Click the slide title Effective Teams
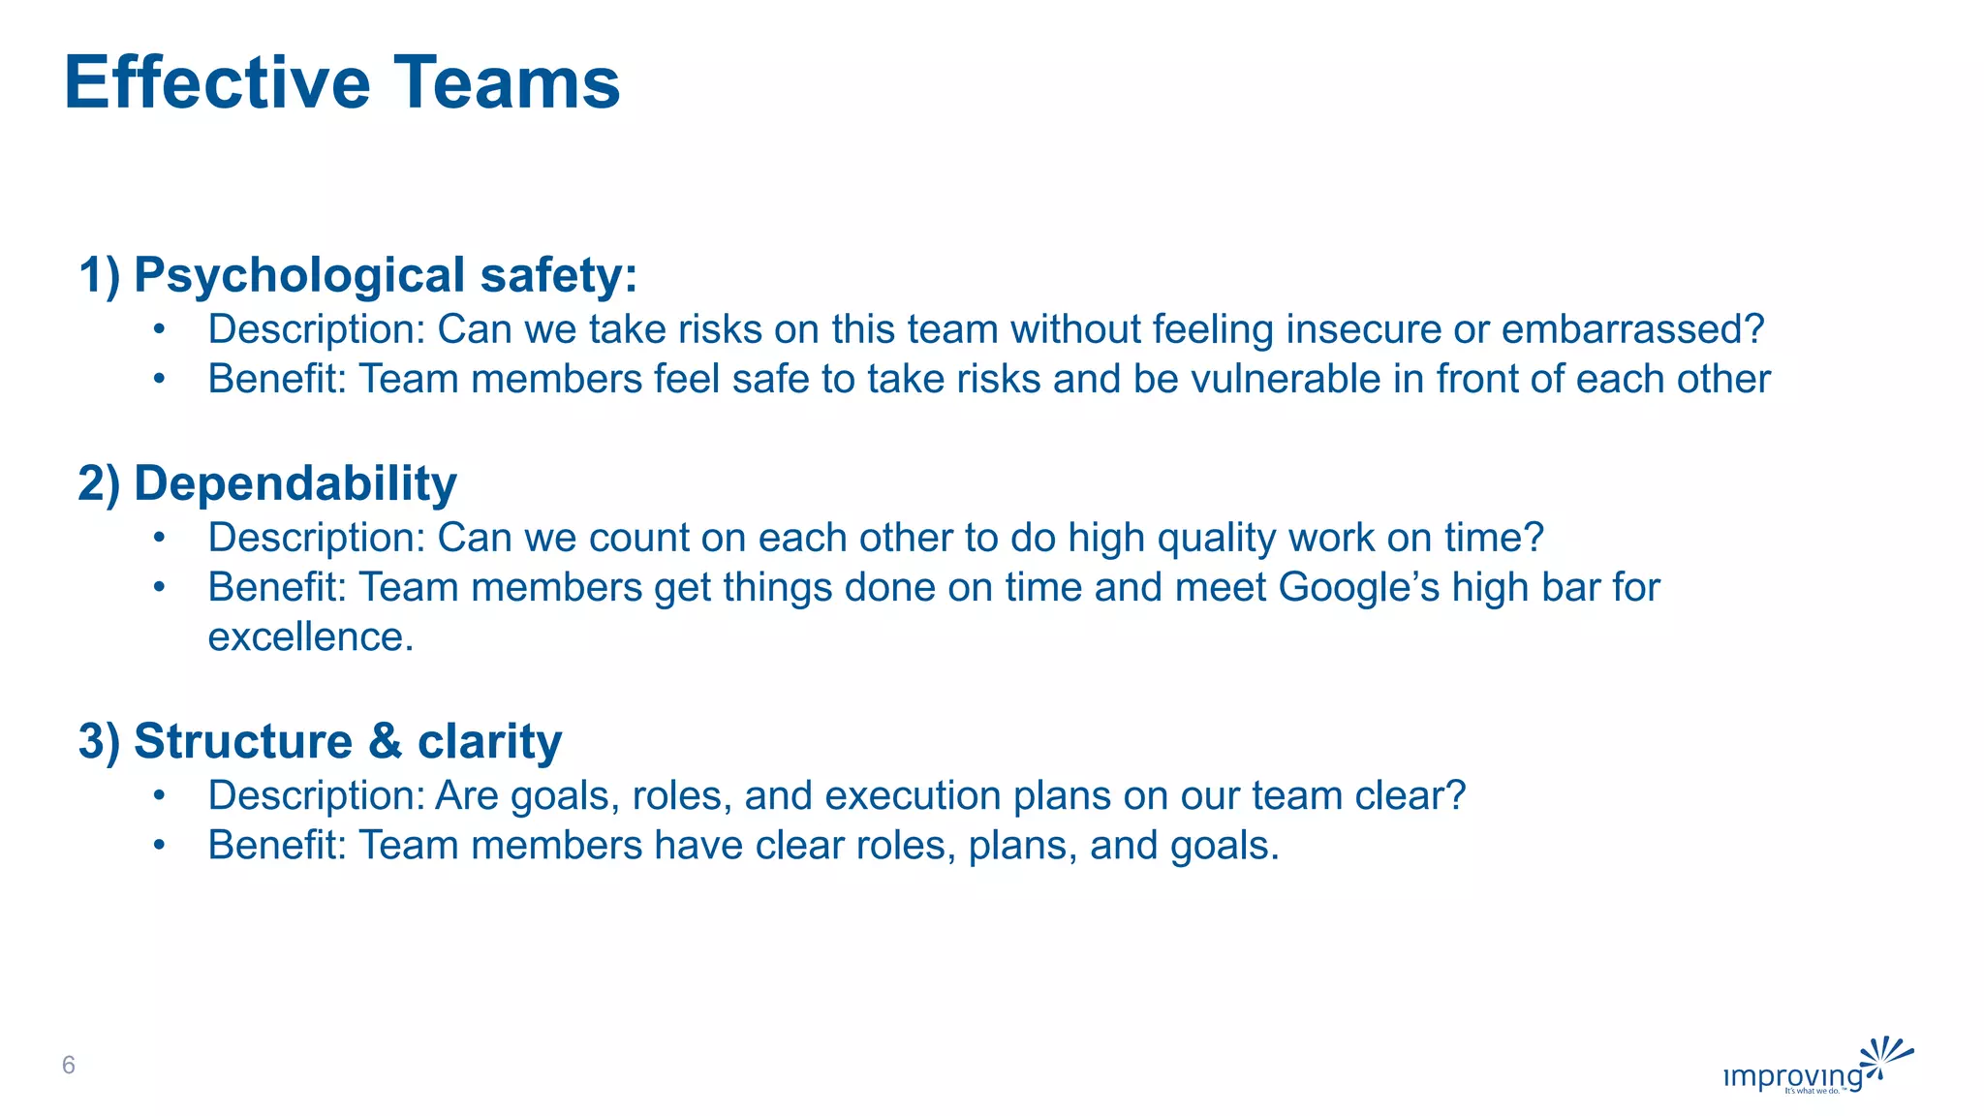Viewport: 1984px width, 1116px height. pyautogui.click(x=341, y=83)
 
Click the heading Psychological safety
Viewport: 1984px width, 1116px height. pyautogui.click(x=386, y=275)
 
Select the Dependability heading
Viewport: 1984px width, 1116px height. pyautogui.click(x=294, y=483)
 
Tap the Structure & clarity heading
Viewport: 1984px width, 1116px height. pyautogui.click(x=347, y=741)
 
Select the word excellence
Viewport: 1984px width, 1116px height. pyautogui.click(x=310, y=636)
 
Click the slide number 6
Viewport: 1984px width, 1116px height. pyautogui.click(x=68, y=1066)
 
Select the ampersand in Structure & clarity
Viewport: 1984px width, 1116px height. pyautogui.click(x=385, y=741)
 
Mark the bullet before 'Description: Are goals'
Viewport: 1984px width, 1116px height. pyautogui.click(x=160, y=796)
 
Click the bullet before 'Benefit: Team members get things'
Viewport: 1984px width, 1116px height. pyautogui.click(x=160, y=588)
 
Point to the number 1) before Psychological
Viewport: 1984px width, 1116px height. pyautogui.click(x=99, y=275)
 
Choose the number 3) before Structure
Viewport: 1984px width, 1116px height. pyautogui.click(x=99, y=741)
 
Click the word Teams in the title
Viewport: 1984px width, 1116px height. pyautogui.click(x=506, y=83)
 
